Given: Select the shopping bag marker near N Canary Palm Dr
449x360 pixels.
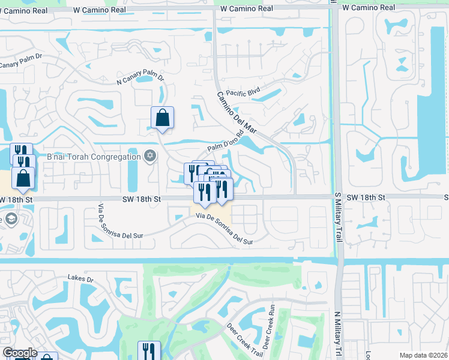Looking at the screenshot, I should pyautogui.click(x=162, y=118).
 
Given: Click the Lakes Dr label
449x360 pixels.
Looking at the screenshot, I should pyautogui.click(x=81, y=278).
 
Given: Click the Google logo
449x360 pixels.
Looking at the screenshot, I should pyautogui.click(x=20, y=353).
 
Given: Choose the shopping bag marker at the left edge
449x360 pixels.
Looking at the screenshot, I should pyautogui.click(x=23, y=178).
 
